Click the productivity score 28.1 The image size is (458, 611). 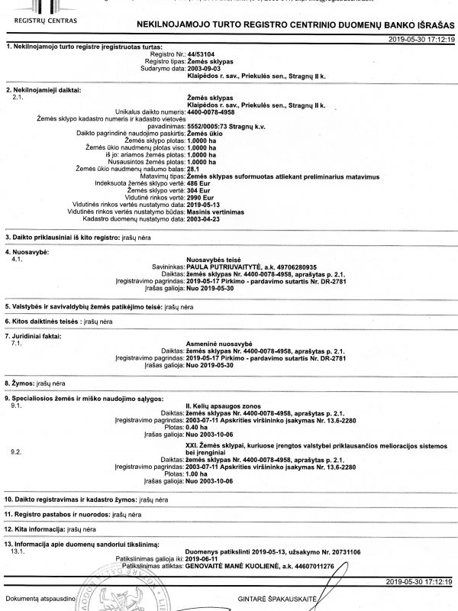193,169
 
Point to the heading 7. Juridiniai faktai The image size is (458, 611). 34,335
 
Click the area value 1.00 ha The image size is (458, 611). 198,474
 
